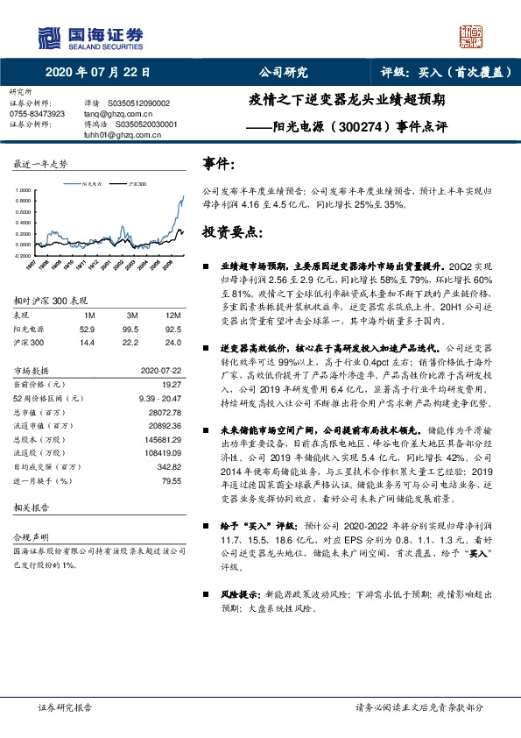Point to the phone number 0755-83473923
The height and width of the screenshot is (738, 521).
pyautogui.click(x=37, y=114)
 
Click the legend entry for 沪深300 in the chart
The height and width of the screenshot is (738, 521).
pyautogui.click(x=136, y=184)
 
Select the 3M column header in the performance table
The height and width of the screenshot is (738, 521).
pyautogui.click(x=132, y=315)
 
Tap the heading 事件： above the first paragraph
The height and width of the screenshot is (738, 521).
pyautogui.click(x=218, y=163)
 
